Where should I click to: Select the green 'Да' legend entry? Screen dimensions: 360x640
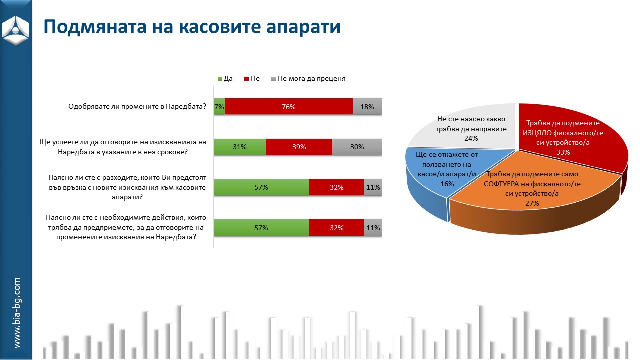pos(225,79)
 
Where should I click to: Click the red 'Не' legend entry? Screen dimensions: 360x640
pos(252,79)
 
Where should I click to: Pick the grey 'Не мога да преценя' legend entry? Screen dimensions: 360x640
pos(308,79)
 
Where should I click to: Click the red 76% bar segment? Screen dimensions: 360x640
pos(289,107)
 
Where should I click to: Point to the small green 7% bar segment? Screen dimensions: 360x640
pos(219,107)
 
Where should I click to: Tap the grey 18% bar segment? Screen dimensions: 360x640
pos(367,107)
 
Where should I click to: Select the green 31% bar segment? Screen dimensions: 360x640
pos(240,147)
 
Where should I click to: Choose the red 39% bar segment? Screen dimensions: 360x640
pos(299,147)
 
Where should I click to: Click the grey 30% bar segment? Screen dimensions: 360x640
pos(357,147)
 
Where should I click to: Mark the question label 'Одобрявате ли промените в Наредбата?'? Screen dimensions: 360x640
pos(137,107)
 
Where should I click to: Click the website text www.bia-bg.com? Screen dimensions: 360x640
pos(17,313)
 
